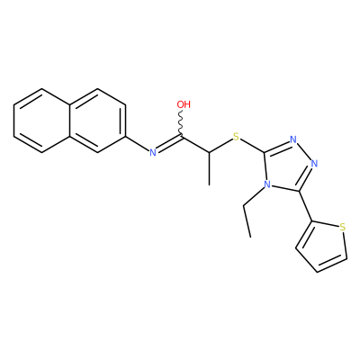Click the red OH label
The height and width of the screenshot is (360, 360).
[184, 104]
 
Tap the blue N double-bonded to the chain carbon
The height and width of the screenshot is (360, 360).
[153, 153]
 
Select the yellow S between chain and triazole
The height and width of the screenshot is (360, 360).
[237, 137]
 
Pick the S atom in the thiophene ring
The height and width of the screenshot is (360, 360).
[343, 227]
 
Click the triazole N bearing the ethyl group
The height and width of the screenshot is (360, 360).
[266, 184]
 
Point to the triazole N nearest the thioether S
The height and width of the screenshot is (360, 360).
[293, 139]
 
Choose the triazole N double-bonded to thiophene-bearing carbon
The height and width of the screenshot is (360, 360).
[314, 164]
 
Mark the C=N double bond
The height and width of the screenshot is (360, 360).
[169, 144]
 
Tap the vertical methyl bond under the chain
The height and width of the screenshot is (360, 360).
[209, 168]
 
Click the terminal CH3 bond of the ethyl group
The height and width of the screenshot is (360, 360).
[247, 221]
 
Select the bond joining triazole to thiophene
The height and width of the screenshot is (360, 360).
[305, 206]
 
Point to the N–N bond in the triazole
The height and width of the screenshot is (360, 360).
[304, 152]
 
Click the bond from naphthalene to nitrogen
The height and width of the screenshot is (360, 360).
[137, 144]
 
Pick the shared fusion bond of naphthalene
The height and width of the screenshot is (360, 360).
[69, 121]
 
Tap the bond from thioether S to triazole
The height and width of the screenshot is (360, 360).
[252, 146]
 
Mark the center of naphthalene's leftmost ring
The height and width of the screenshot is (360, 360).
[41, 121]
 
